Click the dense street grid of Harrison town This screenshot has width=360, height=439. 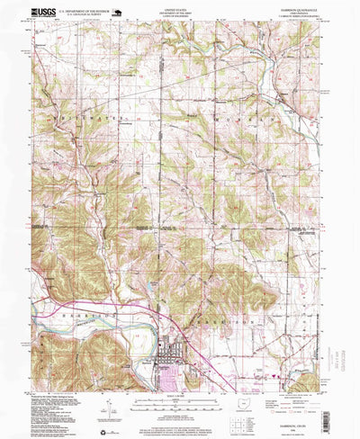pyautogui.click(x=170, y=343)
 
